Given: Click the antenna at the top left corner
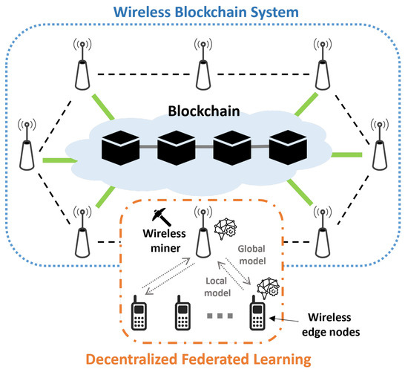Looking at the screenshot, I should pyautogui.click(x=80, y=64).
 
